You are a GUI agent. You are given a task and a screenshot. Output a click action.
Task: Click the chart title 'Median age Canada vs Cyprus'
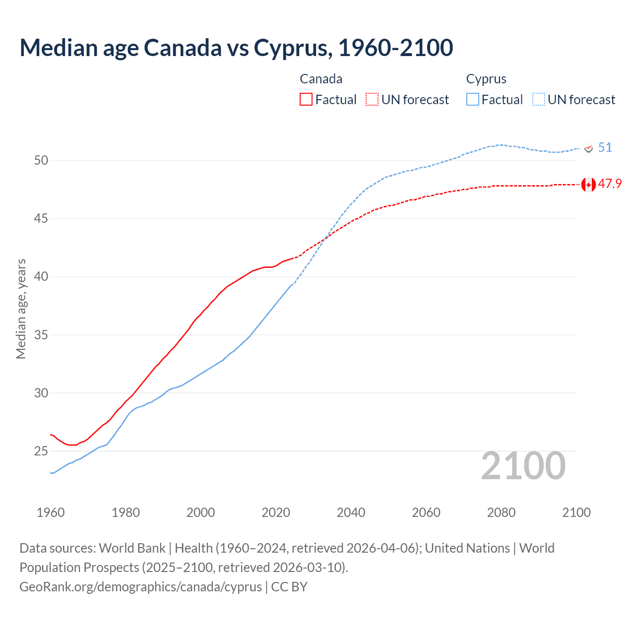point(236,48)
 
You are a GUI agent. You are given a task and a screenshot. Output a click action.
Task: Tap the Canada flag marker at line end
point(588,184)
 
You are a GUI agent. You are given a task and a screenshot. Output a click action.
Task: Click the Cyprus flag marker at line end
point(588,148)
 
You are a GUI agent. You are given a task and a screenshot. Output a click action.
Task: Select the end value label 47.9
point(610,184)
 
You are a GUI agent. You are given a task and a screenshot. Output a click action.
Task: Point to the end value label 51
point(605,148)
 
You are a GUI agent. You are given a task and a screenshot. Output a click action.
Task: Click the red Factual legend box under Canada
point(306,100)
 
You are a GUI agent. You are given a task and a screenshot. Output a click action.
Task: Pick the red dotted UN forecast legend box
point(372,100)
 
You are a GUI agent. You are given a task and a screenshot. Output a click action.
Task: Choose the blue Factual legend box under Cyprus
point(473,100)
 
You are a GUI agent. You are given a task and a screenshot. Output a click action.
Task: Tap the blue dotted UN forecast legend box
point(539,100)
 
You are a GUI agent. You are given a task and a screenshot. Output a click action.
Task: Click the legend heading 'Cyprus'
point(486,79)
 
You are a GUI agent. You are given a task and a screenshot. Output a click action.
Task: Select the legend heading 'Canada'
point(321,79)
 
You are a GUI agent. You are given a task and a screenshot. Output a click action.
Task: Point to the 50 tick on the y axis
point(41,160)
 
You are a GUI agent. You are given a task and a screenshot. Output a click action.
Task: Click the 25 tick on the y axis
point(41,451)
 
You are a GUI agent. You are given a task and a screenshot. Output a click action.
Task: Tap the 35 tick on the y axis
point(41,335)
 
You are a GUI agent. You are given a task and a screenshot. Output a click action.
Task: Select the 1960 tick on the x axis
point(51,512)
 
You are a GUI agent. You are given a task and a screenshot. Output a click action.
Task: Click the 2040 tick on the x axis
point(351,512)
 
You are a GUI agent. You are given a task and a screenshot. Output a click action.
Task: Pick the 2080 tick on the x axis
point(501,512)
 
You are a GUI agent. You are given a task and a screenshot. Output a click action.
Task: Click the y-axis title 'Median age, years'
point(21,309)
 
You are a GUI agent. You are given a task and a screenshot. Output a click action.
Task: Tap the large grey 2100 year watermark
point(523,466)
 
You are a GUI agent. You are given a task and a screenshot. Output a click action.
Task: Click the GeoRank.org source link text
point(140,587)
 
